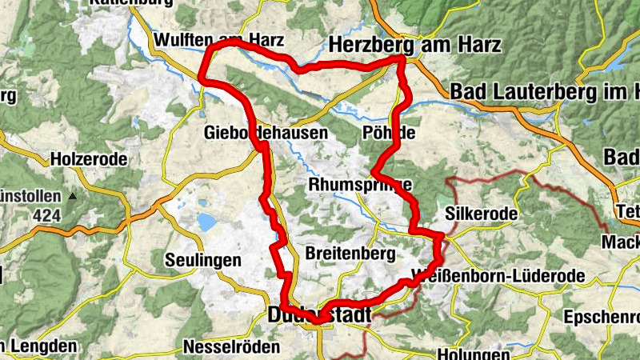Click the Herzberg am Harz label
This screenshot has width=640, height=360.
coord(415,44)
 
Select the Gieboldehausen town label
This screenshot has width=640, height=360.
coord(266,133)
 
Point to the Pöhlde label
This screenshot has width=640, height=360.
coord(389,133)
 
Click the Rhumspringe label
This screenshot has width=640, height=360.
coord(360,186)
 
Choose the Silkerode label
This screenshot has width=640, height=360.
coord(480,215)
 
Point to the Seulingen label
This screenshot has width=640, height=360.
coord(202,260)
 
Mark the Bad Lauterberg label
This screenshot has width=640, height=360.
coord(544,92)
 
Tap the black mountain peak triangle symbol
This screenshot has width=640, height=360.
coord(74,195)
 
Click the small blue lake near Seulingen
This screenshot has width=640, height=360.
coord(206,222)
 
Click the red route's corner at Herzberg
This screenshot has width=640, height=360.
coord(402,59)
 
